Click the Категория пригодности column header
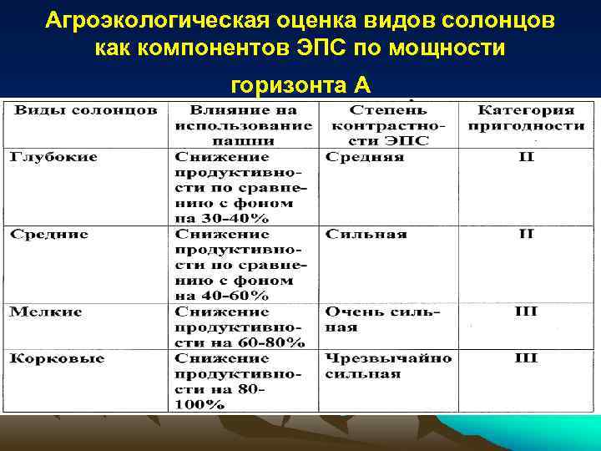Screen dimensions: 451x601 click(x=526, y=118)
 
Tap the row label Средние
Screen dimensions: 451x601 click(x=49, y=234)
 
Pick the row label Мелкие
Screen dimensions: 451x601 click(x=46, y=312)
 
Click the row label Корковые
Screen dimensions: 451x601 click(x=58, y=358)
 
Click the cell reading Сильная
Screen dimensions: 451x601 click(x=366, y=234)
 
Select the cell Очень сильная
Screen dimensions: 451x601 click(x=381, y=319)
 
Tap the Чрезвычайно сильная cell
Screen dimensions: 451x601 click(x=388, y=366)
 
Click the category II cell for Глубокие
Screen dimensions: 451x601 click(x=526, y=157)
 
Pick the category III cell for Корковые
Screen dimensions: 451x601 click(x=526, y=358)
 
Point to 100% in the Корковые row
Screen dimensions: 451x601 click(x=200, y=404)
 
